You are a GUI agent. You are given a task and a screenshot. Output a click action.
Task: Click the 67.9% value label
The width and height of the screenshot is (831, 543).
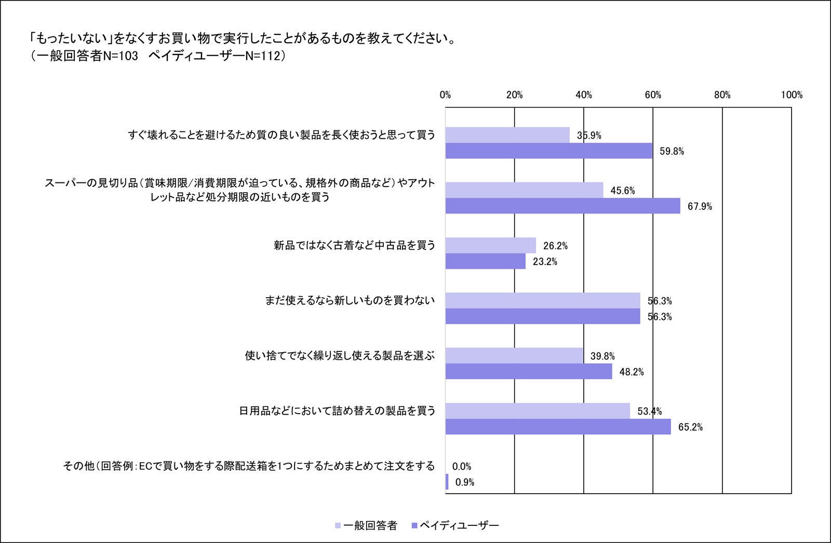(700, 207)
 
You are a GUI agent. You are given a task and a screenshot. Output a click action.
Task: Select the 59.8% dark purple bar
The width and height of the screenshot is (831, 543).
(549, 151)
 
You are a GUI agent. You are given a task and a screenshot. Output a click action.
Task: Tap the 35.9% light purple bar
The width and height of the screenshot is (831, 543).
(507, 135)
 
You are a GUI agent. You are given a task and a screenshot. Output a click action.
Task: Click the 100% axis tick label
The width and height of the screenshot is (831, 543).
(791, 95)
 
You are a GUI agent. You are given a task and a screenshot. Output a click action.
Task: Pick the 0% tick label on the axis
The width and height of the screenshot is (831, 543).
(445, 95)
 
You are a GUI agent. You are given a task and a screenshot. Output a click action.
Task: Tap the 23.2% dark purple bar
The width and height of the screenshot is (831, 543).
(486, 261)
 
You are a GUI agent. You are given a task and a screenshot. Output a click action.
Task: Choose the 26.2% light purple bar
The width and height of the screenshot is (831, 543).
(491, 245)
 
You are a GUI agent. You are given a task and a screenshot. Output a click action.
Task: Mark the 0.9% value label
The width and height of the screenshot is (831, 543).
(465, 483)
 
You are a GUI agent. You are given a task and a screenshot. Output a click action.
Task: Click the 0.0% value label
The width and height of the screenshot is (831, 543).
(462, 467)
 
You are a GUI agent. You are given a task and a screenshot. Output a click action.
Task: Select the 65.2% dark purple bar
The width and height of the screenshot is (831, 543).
(558, 427)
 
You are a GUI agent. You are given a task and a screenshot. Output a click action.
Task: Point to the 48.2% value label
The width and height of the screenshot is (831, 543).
(632, 372)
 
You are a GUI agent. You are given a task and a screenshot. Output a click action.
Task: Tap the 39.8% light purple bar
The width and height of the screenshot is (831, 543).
(514, 355)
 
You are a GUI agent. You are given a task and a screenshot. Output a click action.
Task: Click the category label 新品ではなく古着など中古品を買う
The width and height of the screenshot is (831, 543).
(355, 245)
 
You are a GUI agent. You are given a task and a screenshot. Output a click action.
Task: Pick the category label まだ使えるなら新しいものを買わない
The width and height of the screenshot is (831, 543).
(350, 300)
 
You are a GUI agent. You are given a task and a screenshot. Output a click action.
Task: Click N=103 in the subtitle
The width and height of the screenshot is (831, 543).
(120, 56)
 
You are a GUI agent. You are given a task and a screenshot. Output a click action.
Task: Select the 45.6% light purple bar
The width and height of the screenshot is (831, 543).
(525, 190)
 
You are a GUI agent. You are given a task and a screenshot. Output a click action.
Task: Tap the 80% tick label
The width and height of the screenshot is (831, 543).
(722, 95)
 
